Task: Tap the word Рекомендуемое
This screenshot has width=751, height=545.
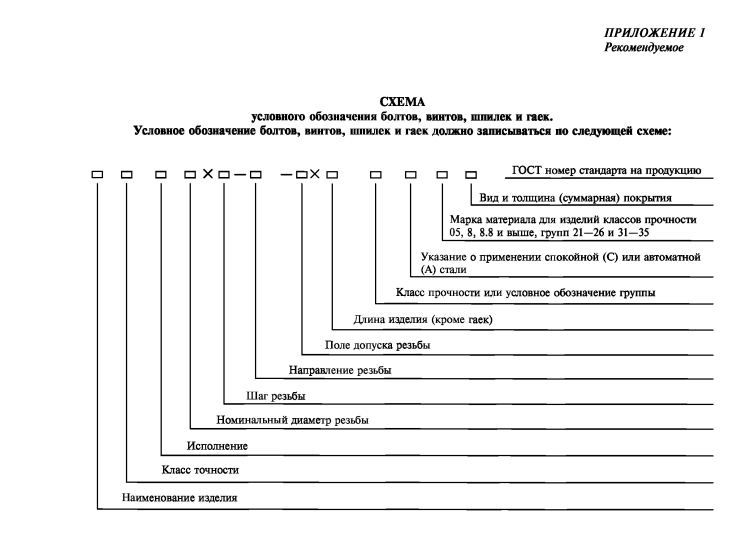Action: [644, 48]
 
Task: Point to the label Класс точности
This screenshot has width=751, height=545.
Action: [200, 469]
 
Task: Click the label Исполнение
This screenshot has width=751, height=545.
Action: [218, 445]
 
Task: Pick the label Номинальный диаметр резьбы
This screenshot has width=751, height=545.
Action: [292, 420]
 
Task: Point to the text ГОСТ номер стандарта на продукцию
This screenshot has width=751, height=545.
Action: [607, 171]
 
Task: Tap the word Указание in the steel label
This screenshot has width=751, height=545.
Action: [446, 257]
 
